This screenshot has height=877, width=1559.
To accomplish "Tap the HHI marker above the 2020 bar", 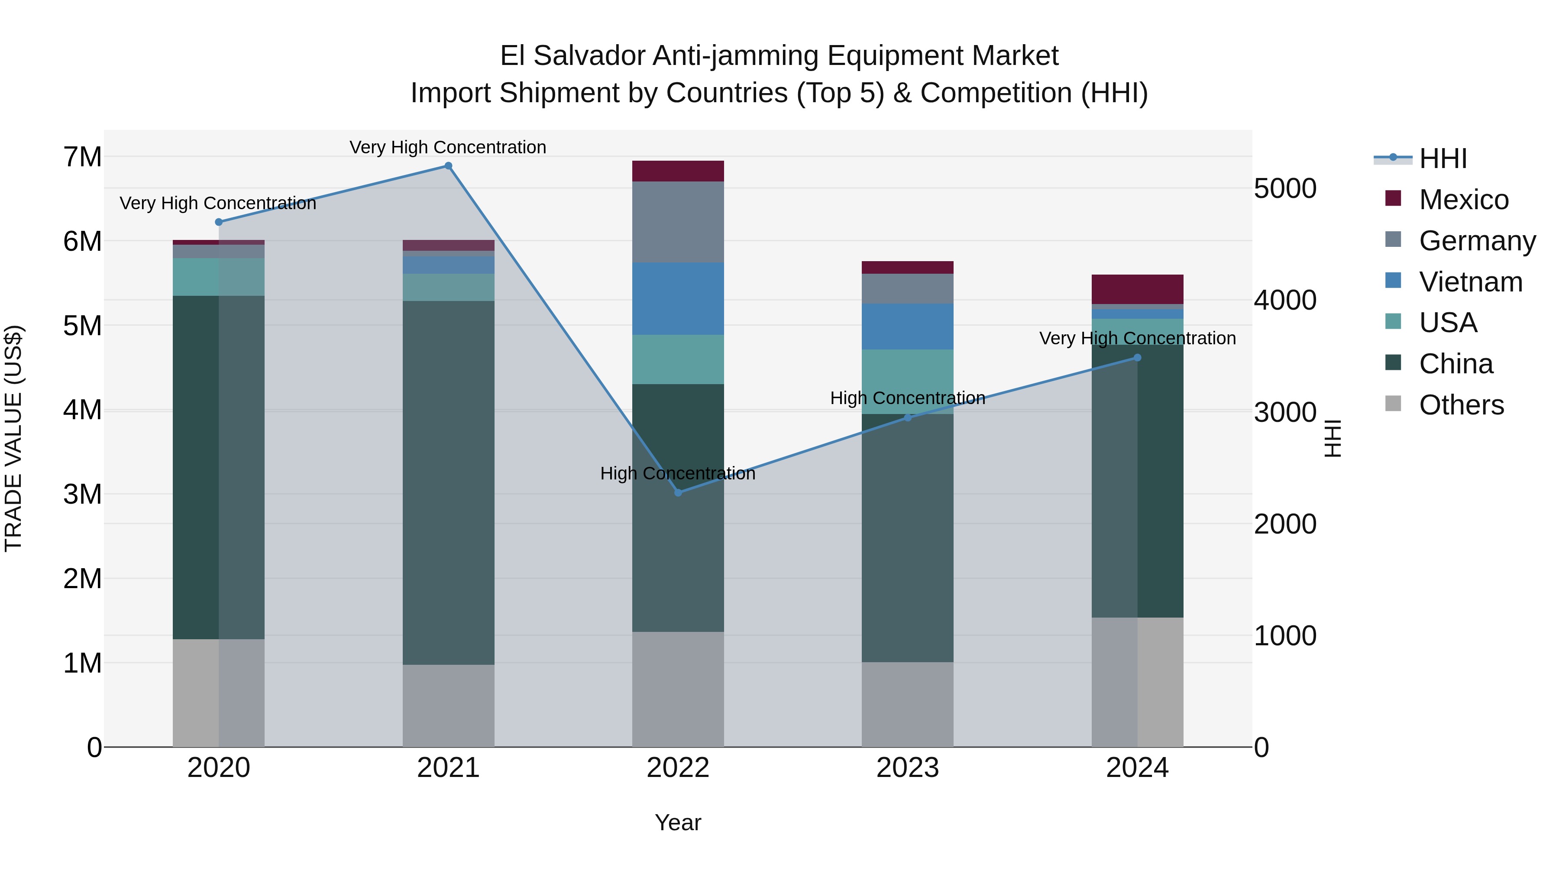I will point(219,222).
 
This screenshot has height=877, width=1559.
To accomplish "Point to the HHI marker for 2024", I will point(1137,358).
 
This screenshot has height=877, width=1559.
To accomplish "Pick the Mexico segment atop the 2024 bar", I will point(1137,289).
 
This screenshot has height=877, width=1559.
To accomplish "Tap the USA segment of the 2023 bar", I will point(907,381).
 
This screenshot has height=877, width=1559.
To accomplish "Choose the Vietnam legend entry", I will point(1470,282).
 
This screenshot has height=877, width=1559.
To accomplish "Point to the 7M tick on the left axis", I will point(83,157).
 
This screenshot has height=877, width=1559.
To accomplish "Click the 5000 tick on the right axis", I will point(1285,188).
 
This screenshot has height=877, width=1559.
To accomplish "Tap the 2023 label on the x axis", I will point(907,768).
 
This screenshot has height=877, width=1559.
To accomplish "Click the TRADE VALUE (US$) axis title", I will point(13,438).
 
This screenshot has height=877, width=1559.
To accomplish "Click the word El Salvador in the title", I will point(572,56).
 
